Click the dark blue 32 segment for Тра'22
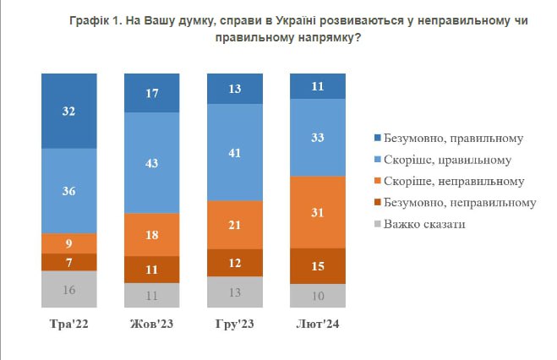68,111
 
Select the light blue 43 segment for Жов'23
151,162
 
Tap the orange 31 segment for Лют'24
317,211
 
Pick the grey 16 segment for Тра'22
68,289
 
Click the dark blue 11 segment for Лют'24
317,86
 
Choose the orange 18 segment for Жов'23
151,234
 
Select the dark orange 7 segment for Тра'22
68,263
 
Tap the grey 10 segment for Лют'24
317,295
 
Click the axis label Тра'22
68,325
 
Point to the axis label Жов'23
151,325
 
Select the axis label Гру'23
234,325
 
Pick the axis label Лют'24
317,325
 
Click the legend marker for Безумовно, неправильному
375,203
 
